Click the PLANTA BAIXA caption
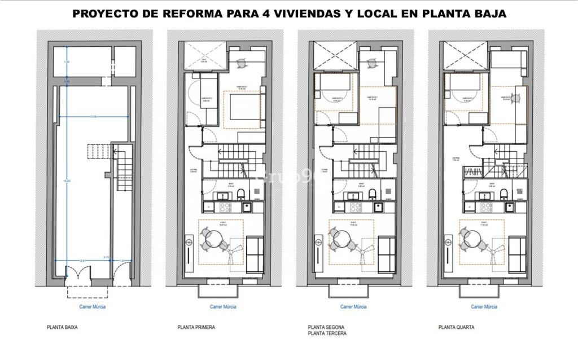click(62, 327)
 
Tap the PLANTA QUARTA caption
click(456, 327)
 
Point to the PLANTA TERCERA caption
click(327, 333)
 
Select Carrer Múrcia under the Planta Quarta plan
click(484, 307)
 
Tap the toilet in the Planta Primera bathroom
click(241, 194)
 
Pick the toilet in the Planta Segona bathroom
click(373, 194)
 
